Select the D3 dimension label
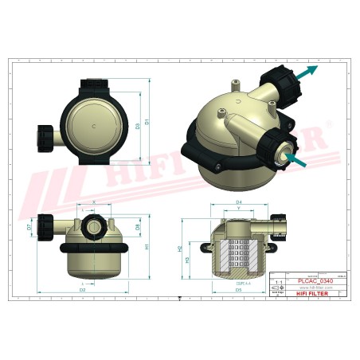pyautogui.click(x=138, y=126)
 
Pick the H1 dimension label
pyautogui.click(x=147, y=247)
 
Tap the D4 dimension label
pyautogui.click(x=238, y=202)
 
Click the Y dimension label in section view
pyautogui.click(x=238, y=210)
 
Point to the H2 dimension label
pyautogui.click(x=179, y=248)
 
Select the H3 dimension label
pyautogui.click(x=188, y=260)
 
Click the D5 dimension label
pyautogui.click(x=238, y=290)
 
